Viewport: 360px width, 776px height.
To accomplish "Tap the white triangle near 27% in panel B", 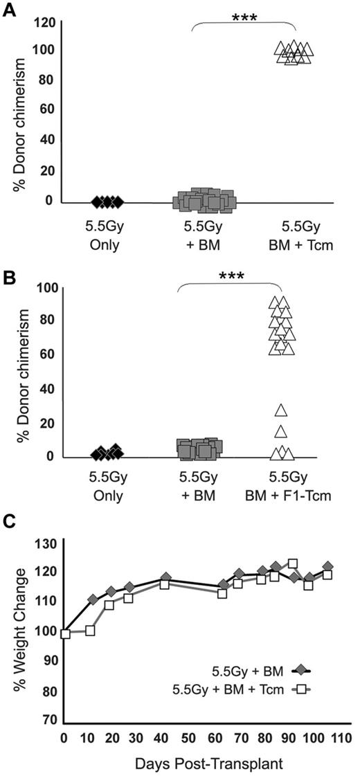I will coord(280,410).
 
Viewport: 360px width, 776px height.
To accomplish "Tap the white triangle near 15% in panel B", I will coord(280,432).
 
